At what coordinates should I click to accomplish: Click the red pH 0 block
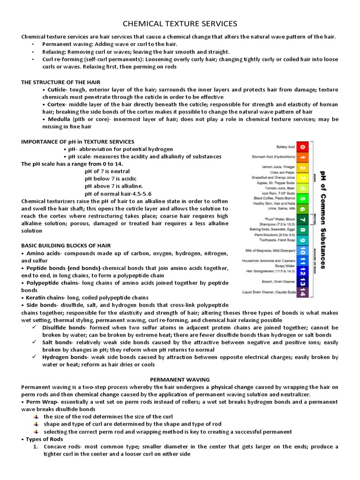(303, 147)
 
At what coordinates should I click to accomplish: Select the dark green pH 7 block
(303, 219)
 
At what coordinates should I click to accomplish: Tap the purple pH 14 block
(303, 292)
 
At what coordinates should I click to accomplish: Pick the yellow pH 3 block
(303, 178)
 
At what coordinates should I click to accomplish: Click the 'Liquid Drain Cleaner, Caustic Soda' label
(269, 292)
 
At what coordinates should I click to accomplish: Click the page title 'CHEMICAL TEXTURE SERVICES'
(180, 23)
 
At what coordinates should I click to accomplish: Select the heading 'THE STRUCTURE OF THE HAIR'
(60, 82)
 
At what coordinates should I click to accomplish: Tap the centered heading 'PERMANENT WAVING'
(180, 379)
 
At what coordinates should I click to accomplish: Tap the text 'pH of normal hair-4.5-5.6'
(118, 194)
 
